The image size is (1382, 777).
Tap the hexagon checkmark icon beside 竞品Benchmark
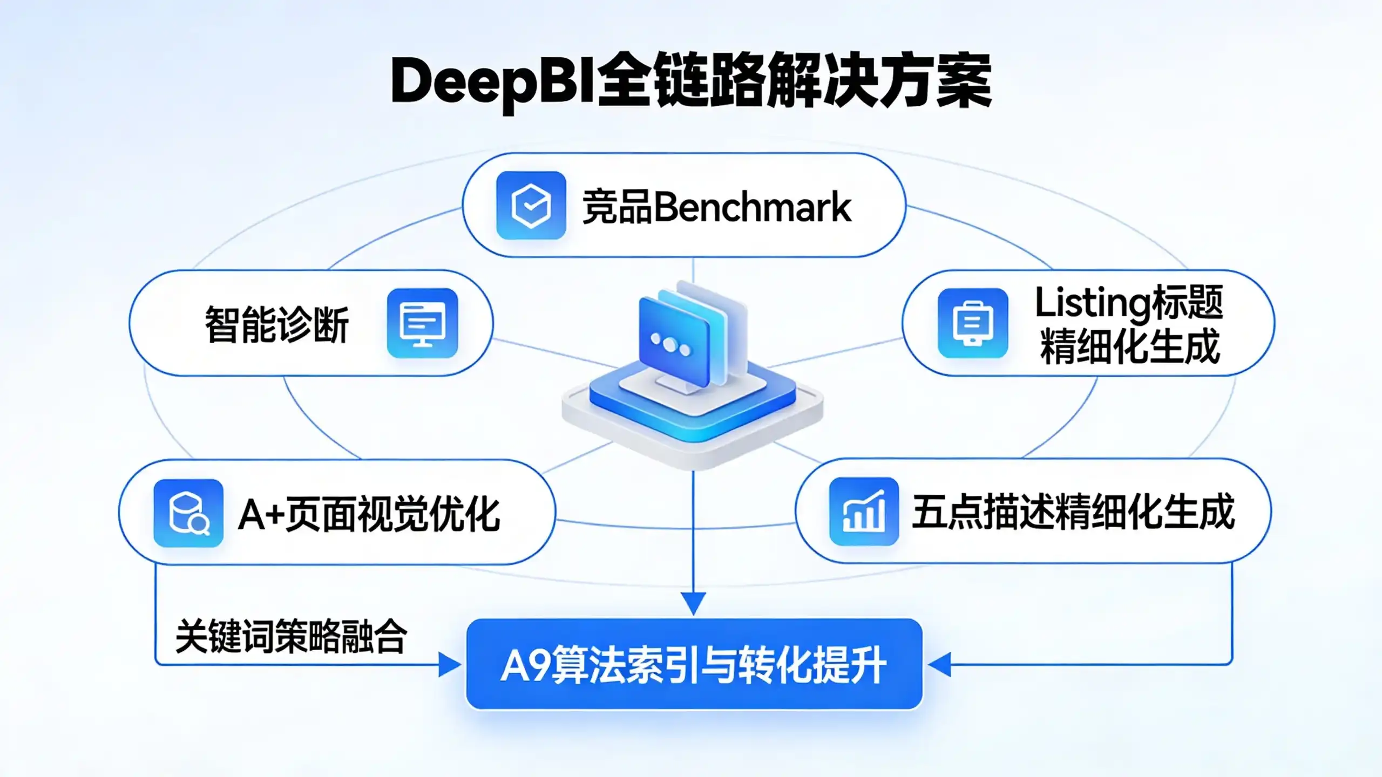(x=531, y=206)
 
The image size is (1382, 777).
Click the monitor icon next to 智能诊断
(x=423, y=323)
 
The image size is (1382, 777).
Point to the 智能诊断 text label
(x=277, y=324)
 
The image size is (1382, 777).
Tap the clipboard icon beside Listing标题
(x=973, y=323)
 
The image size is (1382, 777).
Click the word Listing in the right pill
(x=1093, y=304)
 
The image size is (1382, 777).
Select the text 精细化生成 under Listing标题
(x=1130, y=346)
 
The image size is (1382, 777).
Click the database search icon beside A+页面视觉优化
(x=188, y=513)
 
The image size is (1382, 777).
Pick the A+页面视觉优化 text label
(x=369, y=514)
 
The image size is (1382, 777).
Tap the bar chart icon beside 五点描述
(x=864, y=511)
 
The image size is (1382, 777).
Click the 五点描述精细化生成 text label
(x=1074, y=512)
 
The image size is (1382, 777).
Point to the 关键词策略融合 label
(x=291, y=636)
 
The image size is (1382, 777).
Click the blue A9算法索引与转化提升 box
(x=694, y=664)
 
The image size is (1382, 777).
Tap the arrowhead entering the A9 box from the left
(x=450, y=664)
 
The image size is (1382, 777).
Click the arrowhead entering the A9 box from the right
(x=939, y=664)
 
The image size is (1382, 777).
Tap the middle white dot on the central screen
(x=670, y=345)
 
